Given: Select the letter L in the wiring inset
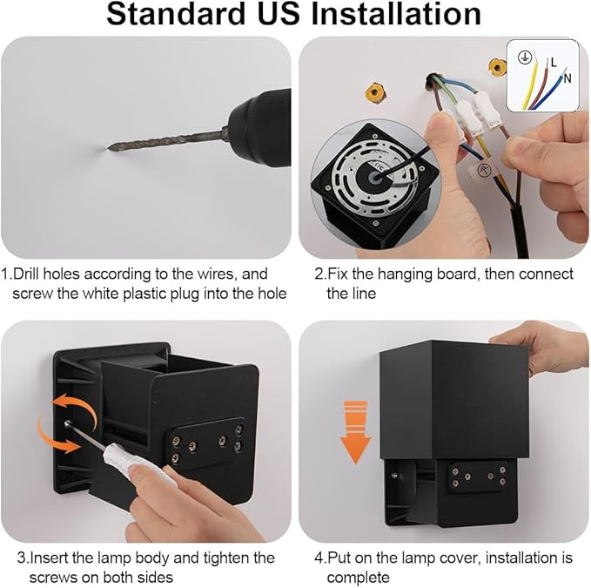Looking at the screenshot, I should coord(554,62).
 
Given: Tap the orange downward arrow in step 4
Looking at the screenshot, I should coord(352,429).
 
